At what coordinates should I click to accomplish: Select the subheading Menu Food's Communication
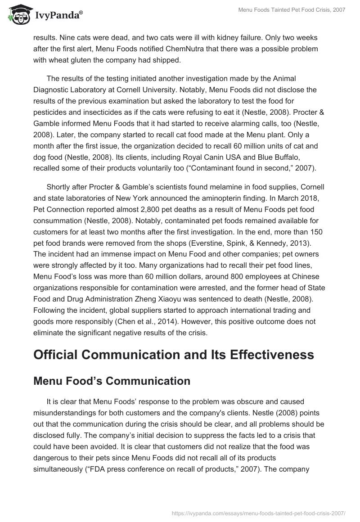coord(112,381)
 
